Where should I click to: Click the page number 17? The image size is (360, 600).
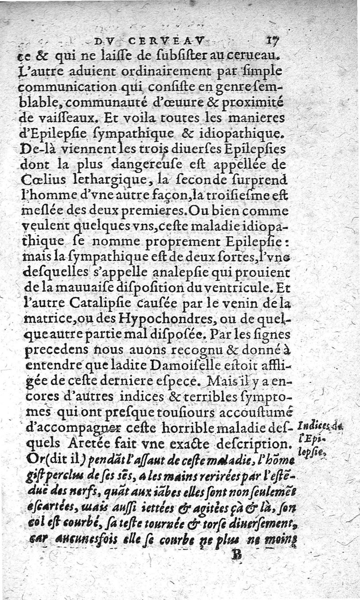click(274, 41)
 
